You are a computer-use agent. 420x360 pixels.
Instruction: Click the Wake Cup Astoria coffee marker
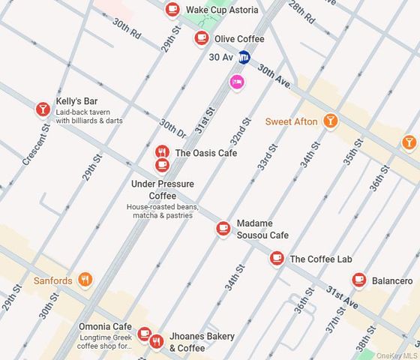(173, 10)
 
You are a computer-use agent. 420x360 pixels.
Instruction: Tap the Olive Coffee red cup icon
(201, 38)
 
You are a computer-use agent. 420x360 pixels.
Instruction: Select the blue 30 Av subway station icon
(244, 57)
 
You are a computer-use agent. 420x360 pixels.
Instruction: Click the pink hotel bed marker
(237, 82)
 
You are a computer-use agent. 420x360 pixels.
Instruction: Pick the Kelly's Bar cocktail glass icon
(43, 109)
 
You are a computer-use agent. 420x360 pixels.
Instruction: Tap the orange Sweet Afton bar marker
(330, 121)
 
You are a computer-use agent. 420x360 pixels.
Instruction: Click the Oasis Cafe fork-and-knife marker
(162, 152)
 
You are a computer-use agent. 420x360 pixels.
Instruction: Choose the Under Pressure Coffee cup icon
(162, 165)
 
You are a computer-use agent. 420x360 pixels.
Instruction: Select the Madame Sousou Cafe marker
(223, 229)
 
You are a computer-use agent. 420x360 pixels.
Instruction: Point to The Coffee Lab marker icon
(277, 259)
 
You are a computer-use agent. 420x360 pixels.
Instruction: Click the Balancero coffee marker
(359, 280)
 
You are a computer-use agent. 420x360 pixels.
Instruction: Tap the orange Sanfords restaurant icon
(85, 280)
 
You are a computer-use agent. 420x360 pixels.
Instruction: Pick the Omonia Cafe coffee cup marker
(144, 334)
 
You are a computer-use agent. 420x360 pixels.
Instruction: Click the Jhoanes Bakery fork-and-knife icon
(156, 342)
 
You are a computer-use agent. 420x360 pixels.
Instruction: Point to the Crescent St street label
(36, 145)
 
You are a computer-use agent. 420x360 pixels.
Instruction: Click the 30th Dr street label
(172, 128)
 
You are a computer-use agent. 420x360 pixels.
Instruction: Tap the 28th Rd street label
(301, 9)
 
